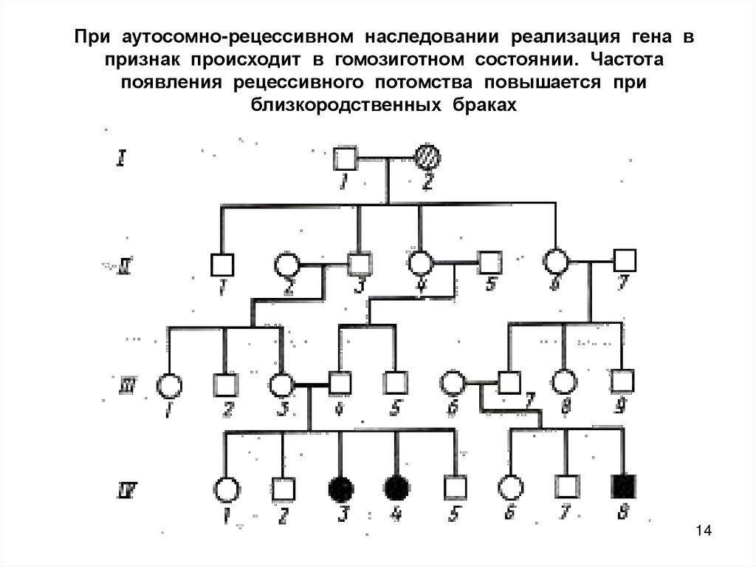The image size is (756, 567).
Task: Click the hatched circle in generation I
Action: [x=427, y=157]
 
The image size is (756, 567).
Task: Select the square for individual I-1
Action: [x=345, y=157]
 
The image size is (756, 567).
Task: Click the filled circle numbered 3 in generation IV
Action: [x=340, y=487]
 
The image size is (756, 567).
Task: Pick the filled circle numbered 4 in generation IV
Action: [x=396, y=487]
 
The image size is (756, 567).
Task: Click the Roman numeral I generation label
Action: [x=122, y=157]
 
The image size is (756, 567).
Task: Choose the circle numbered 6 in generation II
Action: [x=555, y=260]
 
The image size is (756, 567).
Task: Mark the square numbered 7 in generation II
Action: [x=625, y=260]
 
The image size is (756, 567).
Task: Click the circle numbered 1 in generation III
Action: [x=169, y=385]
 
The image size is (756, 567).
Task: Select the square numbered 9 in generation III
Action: [x=624, y=381]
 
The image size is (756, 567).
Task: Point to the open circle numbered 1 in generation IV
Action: [x=225, y=489]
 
